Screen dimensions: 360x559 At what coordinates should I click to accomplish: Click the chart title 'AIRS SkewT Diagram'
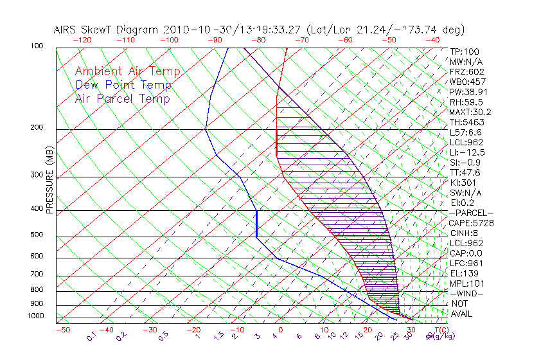click(x=107, y=30)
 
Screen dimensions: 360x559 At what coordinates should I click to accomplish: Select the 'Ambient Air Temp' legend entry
click(x=128, y=72)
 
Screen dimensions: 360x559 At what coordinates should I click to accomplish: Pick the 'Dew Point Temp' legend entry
click(x=123, y=85)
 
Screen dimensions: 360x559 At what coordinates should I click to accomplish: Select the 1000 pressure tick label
click(x=37, y=316)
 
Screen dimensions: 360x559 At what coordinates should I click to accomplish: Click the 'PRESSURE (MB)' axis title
click(x=50, y=180)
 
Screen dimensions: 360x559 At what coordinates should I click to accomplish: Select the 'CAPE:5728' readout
click(x=471, y=223)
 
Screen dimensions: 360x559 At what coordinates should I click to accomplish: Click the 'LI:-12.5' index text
click(x=467, y=152)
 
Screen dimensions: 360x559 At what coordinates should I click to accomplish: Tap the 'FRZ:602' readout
click(x=466, y=72)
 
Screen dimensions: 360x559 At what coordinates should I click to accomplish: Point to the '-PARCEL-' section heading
click(x=471, y=213)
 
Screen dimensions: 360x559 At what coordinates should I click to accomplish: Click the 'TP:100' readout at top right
click(x=464, y=51)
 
